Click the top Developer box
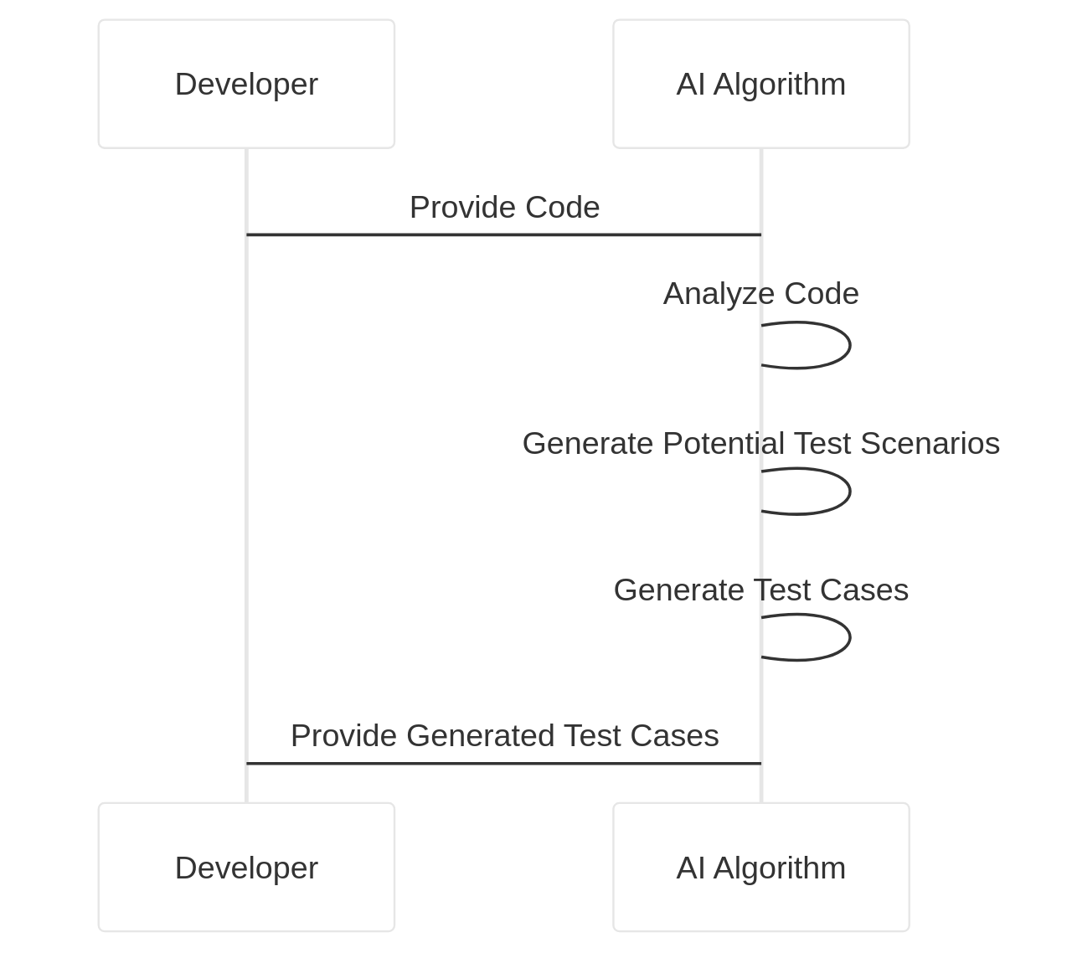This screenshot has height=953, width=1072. [246, 84]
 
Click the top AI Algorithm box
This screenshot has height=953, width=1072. [760, 84]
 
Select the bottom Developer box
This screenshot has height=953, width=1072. [246, 867]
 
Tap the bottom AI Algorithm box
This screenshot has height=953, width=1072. [760, 867]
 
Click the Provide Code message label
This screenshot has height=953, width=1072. [504, 208]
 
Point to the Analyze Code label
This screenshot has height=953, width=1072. [760, 294]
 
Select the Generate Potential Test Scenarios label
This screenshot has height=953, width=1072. [760, 443]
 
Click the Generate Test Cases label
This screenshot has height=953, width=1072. [760, 590]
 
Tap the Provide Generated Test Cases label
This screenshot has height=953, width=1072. [504, 736]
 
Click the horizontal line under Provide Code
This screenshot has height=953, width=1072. [504, 235]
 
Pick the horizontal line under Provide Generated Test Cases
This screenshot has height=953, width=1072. [504, 764]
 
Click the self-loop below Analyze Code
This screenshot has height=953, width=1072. [849, 345]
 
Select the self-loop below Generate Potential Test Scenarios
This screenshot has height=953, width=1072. [849, 491]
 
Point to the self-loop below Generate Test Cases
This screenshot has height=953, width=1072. [849, 637]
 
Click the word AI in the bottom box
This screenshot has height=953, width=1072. [690, 868]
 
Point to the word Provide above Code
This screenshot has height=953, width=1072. [462, 208]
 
